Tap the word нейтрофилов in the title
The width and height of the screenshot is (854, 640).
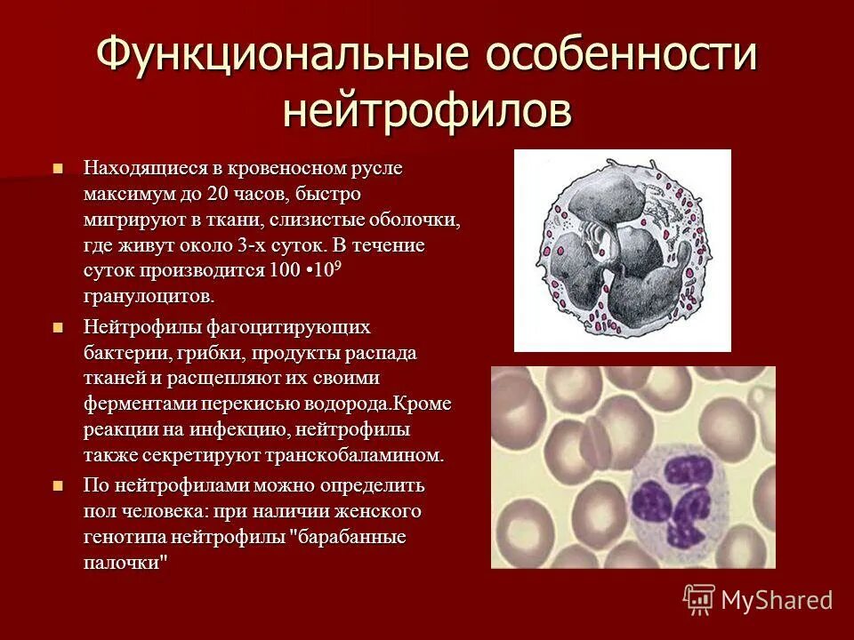coord(426,110)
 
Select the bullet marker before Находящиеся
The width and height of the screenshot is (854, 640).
coord(59,168)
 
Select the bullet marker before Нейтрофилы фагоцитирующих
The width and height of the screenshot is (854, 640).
coord(59,328)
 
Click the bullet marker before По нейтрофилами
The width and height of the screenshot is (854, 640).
coord(59,486)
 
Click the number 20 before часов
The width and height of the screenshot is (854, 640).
coord(218,194)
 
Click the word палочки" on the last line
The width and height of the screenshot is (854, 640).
coord(125,564)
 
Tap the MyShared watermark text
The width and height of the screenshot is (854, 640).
coord(777,600)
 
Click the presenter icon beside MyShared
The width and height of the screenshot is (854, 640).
coord(699,599)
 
